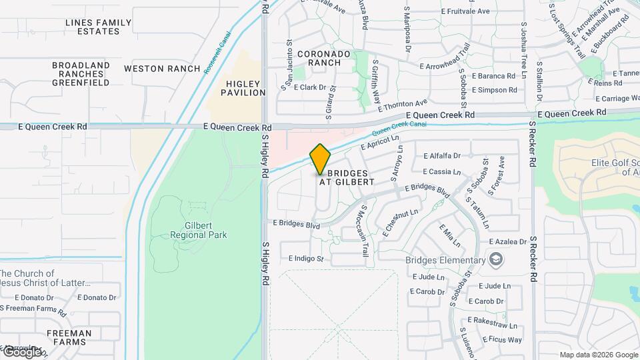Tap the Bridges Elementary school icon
(496, 259)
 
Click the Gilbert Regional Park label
(198, 230)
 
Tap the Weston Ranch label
(162, 69)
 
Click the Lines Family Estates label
(99, 27)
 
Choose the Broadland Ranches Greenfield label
(81, 74)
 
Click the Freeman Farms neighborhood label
(69, 337)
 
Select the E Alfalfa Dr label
(442, 156)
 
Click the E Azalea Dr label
(509, 241)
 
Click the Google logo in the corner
(21, 352)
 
